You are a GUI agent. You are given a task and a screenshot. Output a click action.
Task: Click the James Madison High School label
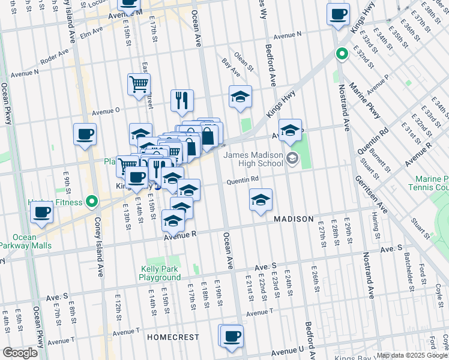point(253,159)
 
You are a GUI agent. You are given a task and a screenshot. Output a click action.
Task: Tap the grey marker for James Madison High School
point(292,159)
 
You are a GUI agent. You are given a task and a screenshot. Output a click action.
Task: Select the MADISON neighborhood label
point(294,219)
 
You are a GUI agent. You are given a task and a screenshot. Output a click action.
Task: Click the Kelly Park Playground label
point(160,273)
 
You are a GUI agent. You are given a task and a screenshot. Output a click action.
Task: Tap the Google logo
point(20,353)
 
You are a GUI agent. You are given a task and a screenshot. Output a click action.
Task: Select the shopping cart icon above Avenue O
point(139,84)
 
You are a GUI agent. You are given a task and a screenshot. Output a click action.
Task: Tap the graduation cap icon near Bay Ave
point(240,97)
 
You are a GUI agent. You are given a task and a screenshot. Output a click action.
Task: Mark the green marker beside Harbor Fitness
point(92,202)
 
